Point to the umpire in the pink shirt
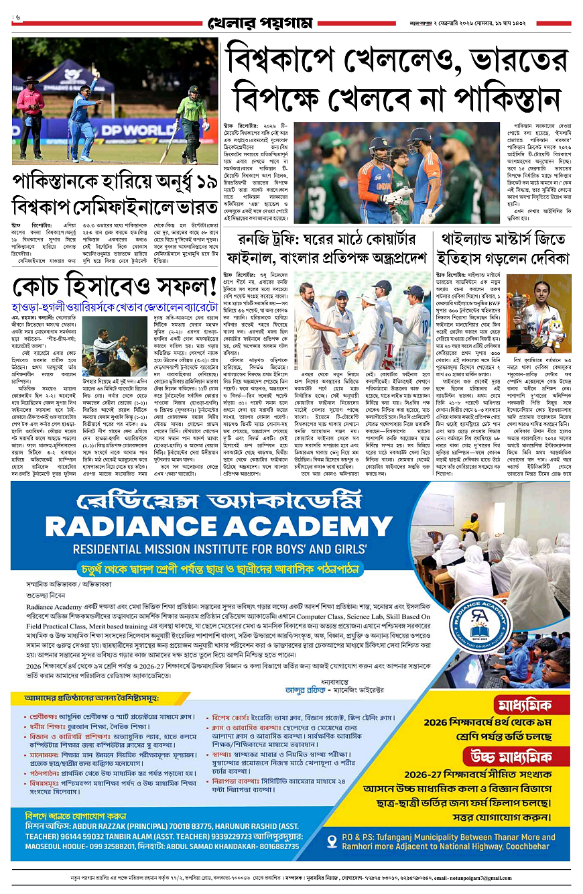pyautogui.click(x=31, y=111)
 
